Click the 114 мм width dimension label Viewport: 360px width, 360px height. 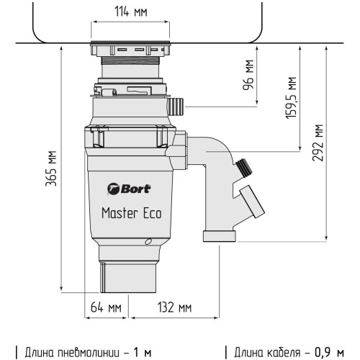130,12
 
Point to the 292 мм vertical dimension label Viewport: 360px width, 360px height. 318,143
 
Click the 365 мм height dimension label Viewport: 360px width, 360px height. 51,168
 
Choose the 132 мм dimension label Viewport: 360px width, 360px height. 174,308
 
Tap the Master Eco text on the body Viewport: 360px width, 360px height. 130,213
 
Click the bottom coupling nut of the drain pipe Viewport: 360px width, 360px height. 218,235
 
